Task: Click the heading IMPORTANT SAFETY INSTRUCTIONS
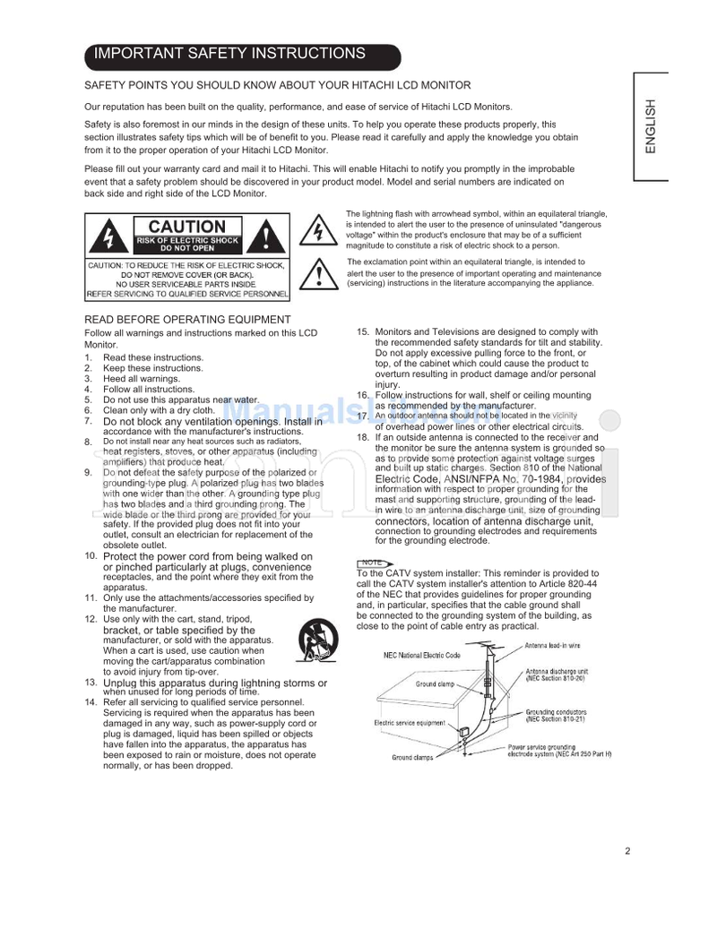[230, 54]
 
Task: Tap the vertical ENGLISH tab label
[652, 126]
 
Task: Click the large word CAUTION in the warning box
[186, 228]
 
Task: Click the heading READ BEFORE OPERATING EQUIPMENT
[187, 320]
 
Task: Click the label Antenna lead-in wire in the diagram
[552, 645]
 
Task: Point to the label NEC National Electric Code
[422, 655]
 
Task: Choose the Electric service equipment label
[410, 723]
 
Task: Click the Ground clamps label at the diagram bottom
[412, 758]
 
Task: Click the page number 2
[628, 851]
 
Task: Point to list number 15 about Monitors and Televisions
[363, 332]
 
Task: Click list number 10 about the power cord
[91, 556]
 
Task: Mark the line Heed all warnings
[141, 379]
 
